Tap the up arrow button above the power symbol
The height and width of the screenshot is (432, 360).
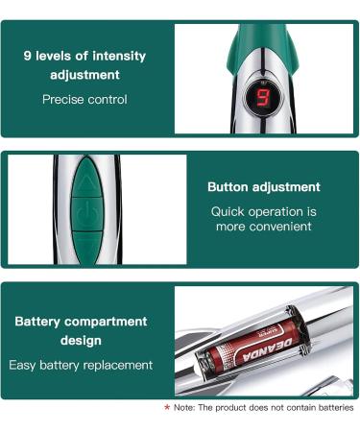coord(87,181)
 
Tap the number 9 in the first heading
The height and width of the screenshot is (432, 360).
coord(28,56)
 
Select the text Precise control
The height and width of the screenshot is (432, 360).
coord(84,99)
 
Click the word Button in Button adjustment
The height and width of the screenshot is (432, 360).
coord(229,187)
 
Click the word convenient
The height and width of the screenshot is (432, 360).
coord(278,227)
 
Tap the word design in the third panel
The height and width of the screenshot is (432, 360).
coord(81,342)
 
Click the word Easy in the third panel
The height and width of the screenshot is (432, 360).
coord(24,365)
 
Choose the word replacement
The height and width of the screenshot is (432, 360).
coord(116,365)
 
